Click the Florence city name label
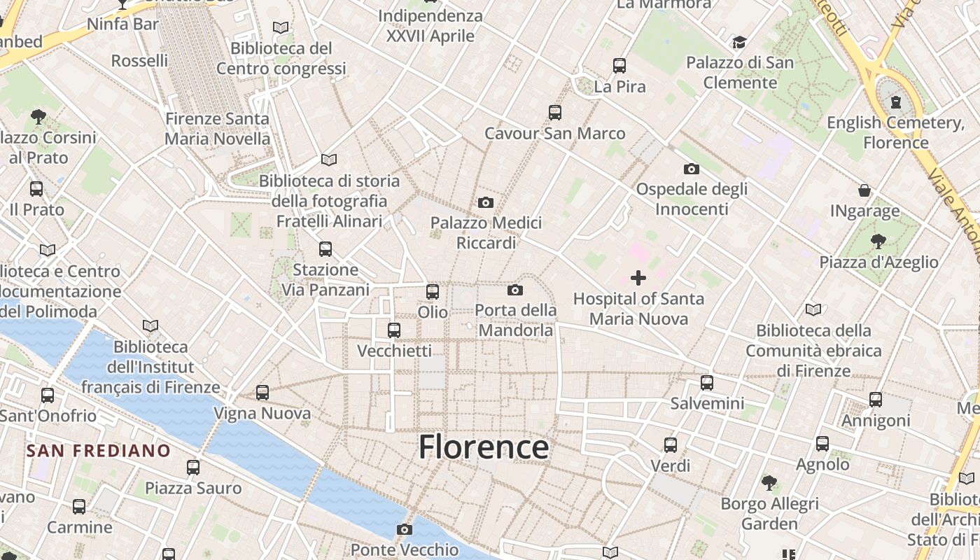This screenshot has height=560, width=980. point(484,447)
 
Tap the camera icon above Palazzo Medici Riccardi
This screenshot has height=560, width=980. point(485,203)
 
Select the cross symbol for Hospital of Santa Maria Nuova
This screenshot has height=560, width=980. point(638,278)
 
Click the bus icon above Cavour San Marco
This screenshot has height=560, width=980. point(555,112)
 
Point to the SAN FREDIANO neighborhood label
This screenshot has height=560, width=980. point(99,451)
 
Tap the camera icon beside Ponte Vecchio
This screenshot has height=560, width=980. point(404,529)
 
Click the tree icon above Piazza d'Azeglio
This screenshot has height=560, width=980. point(878,241)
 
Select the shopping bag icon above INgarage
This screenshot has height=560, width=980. point(864,190)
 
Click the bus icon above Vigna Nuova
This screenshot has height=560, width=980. point(262,393)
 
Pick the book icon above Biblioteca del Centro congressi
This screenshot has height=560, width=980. point(281,27)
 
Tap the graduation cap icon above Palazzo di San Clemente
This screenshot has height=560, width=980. point(739,43)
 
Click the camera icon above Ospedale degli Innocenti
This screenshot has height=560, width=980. point(691,169)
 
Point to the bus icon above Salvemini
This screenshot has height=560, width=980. point(707,383)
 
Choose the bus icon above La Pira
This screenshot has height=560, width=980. point(619,66)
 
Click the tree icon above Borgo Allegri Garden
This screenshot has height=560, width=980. point(769,483)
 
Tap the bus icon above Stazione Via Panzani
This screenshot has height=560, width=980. point(325,248)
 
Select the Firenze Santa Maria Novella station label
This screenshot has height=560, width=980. point(217,129)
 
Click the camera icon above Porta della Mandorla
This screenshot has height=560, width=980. point(515,290)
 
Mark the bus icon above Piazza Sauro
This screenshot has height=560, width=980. point(193,467)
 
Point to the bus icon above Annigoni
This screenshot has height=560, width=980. point(876,400)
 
